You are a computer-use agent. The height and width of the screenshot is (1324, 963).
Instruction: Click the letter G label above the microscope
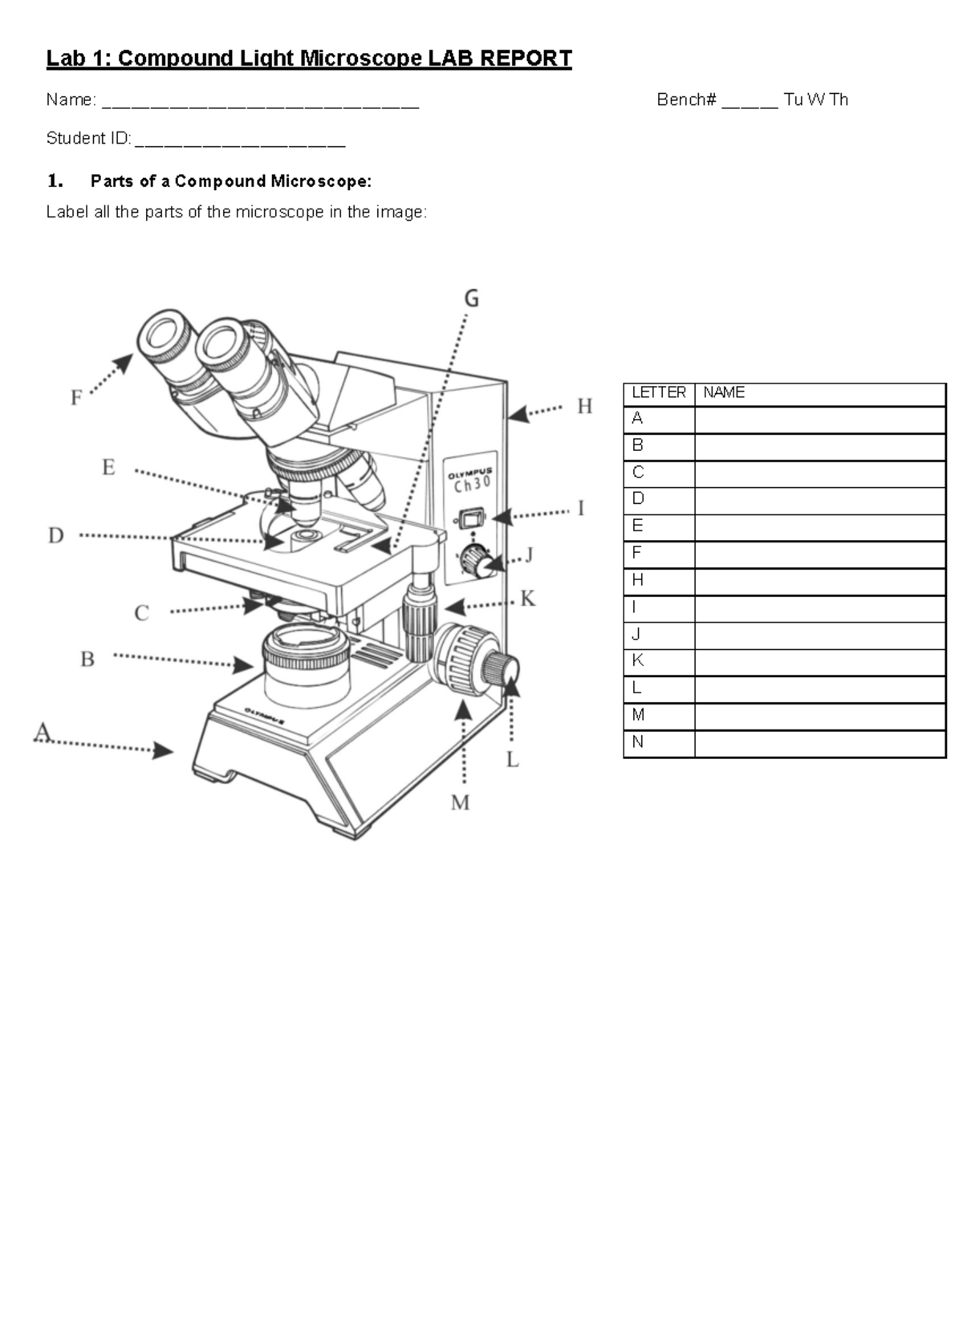coord(471,299)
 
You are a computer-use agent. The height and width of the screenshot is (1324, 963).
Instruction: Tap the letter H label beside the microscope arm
coord(585,406)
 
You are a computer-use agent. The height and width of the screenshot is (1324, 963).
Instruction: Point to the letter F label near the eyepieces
coord(75,398)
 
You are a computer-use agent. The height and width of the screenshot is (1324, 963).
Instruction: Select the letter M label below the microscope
coord(461,802)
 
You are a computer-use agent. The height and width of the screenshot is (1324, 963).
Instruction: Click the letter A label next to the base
coord(43,732)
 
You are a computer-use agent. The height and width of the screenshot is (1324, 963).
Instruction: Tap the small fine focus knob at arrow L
coord(502,668)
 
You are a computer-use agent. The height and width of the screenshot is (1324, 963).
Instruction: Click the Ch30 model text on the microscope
coord(472,485)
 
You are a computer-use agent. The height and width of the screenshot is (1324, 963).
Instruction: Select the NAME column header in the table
coord(724,392)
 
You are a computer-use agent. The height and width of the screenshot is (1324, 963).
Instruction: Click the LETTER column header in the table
coord(658,392)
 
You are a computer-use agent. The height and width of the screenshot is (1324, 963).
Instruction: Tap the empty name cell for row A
coord(820,420)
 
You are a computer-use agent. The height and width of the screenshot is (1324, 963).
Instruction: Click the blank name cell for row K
coord(820,662)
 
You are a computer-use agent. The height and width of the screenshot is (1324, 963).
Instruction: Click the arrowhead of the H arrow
coord(518,414)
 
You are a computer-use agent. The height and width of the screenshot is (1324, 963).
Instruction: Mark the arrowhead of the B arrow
coord(243,665)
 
